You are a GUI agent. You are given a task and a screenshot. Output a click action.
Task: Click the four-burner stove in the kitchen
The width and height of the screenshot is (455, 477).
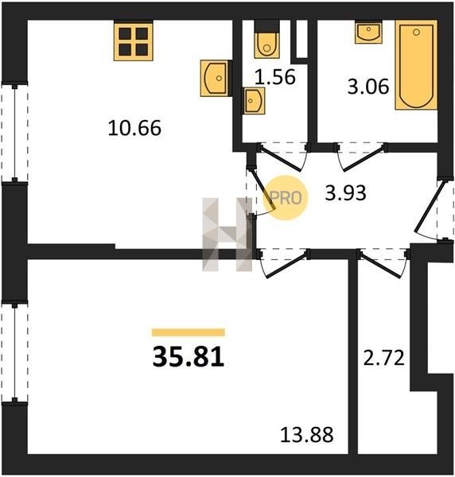134,41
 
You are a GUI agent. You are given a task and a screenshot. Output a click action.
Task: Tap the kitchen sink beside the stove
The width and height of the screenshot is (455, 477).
214,78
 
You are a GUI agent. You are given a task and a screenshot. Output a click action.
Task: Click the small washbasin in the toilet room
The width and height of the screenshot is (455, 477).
254,101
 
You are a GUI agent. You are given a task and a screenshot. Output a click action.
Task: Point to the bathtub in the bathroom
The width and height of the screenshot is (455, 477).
416,65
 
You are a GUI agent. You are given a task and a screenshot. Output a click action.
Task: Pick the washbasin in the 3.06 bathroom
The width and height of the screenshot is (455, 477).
368,32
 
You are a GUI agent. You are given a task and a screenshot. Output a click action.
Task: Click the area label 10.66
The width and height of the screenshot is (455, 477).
134,128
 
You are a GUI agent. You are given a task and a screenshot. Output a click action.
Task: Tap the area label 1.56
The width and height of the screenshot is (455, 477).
274,76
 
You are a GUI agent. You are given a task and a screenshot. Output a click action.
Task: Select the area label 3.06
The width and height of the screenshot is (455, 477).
368,87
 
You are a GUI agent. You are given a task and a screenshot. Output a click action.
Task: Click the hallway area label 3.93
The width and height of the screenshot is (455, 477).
345,193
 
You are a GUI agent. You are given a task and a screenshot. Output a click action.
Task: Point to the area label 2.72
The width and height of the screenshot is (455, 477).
383,358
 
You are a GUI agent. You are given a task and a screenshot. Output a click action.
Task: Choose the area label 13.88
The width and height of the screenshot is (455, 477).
306,434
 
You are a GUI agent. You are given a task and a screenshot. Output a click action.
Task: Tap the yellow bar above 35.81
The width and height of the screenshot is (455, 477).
189,332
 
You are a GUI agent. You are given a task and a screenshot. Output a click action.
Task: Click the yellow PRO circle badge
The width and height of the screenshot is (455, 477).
286,198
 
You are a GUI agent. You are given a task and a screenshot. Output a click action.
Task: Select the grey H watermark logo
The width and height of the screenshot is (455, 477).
227,235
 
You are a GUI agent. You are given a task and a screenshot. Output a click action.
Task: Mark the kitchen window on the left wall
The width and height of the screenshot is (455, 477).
14,134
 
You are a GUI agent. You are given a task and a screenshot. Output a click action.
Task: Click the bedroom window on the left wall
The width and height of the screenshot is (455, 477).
14,351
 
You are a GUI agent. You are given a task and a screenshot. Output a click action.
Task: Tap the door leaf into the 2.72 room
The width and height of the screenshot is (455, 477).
381,265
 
